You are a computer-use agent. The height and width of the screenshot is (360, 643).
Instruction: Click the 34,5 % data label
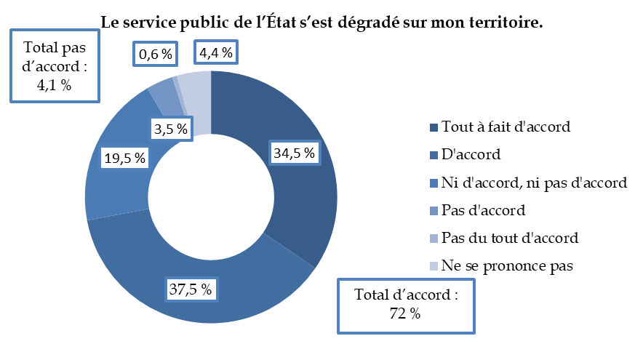pos(295,153)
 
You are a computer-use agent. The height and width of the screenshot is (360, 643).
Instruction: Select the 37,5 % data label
pos(191,289)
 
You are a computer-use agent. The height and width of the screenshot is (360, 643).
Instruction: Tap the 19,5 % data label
pos(124,157)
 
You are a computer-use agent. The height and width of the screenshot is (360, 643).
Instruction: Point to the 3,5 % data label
pos(172,129)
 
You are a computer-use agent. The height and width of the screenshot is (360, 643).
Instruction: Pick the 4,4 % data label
pos(215,52)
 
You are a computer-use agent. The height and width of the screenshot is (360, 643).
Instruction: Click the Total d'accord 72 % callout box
pos(406,305)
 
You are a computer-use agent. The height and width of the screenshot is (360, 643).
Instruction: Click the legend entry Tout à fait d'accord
pos(506,127)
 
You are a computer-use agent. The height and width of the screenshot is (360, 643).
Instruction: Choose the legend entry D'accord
pos(472,154)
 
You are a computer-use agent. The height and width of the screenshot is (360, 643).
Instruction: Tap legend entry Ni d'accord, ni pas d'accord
pos(533,183)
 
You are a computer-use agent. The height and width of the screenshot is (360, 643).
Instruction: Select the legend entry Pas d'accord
pos(483,210)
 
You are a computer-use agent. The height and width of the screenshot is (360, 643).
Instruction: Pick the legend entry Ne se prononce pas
pos(507,265)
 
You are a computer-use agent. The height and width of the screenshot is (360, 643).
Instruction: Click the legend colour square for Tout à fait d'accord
pos(434,127)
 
